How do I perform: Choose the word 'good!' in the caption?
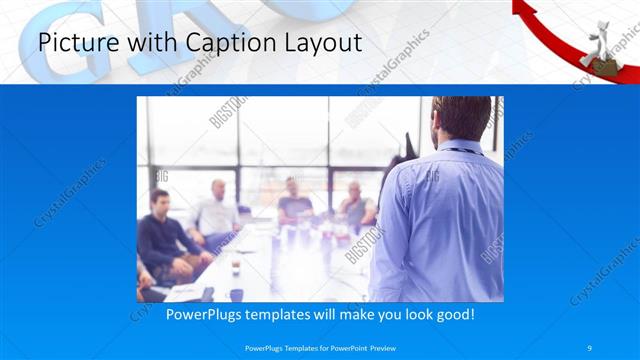point(454,314)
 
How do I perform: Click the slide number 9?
point(590,347)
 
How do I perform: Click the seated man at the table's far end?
point(295,200)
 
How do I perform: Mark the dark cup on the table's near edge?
point(236,294)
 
